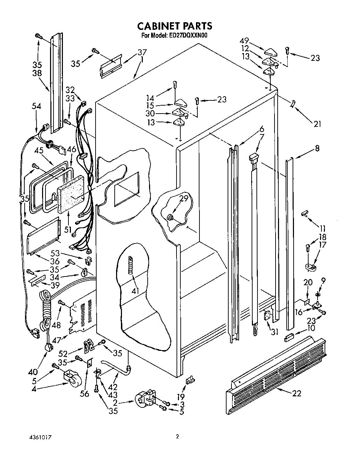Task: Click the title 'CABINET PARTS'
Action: coord(174,26)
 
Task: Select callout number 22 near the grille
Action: coord(296,393)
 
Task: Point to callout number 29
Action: coord(183,199)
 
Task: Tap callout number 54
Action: coord(36,106)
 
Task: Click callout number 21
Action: coord(317,123)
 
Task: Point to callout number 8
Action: coord(317,148)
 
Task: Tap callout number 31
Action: coord(275,332)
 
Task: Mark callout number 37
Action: coord(142,52)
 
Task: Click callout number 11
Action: coord(322,229)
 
